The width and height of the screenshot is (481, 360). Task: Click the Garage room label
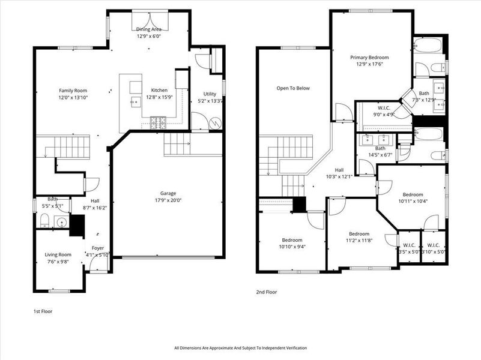[168, 193]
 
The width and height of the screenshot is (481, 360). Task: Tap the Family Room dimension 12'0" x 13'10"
[73, 97]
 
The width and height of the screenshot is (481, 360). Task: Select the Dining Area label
[148, 29]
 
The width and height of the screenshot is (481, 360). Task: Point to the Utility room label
[210, 94]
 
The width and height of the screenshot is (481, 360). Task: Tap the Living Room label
[58, 254]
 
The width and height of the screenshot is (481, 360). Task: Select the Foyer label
[97, 248]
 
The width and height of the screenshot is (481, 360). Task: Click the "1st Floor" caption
[43, 312]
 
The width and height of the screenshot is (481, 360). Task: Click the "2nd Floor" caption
[267, 292]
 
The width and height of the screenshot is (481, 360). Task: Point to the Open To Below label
[293, 88]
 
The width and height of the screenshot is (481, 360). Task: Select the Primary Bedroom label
[370, 58]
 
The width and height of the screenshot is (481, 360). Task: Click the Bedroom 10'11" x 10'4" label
[413, 194]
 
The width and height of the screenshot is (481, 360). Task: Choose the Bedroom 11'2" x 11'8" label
[359, 234]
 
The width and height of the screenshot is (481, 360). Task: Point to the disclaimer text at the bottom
[240, 348]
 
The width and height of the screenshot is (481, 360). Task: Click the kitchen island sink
[136, 102]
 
